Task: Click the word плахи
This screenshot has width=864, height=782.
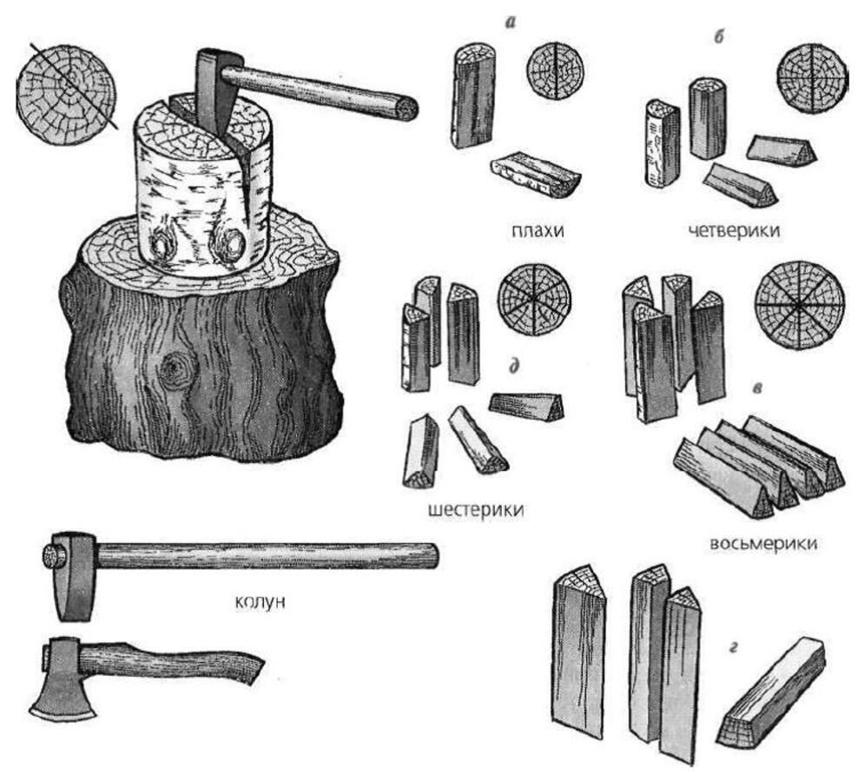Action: (x=538, y=230)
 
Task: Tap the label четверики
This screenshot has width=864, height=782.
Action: (x=735, y=230)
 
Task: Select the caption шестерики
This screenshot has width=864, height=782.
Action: (x=476, y=510)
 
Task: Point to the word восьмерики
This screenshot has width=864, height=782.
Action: (x=763, y=544)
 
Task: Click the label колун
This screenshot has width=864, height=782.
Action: (x=261, y=602)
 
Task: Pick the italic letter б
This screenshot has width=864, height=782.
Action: (x=718, y=36)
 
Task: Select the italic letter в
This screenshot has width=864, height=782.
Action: (x=758, y=388)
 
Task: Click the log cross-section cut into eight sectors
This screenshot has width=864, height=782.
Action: (x=799, y=304)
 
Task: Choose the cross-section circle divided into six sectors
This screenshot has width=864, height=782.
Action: (x=535, y=300)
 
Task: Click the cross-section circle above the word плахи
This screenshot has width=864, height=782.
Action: (x=556, y=69)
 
